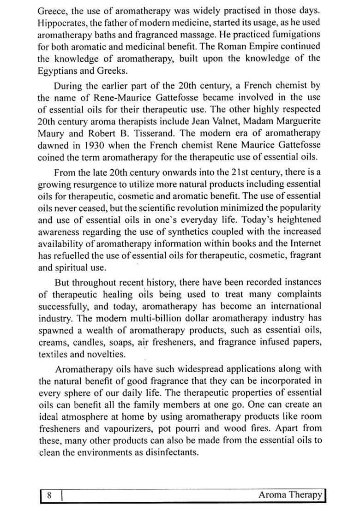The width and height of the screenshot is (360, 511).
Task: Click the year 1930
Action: tap(102, 145)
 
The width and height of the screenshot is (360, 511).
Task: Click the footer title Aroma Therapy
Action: tap(290, 495)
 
